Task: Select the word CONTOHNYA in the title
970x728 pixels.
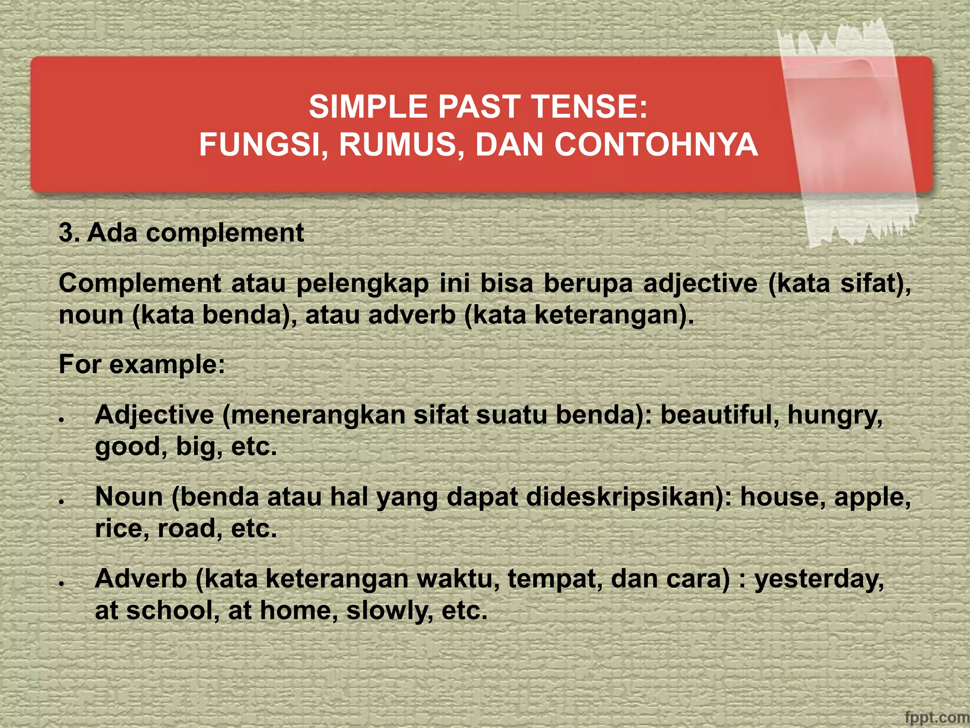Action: click(656, 145)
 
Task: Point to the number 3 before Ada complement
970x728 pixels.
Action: click(66, 233)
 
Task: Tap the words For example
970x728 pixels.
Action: click(142, 364)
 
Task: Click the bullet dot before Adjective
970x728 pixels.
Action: click(62, 420)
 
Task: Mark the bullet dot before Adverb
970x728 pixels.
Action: click(62, 584)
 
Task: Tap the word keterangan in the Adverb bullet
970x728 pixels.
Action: click(337, 579)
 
